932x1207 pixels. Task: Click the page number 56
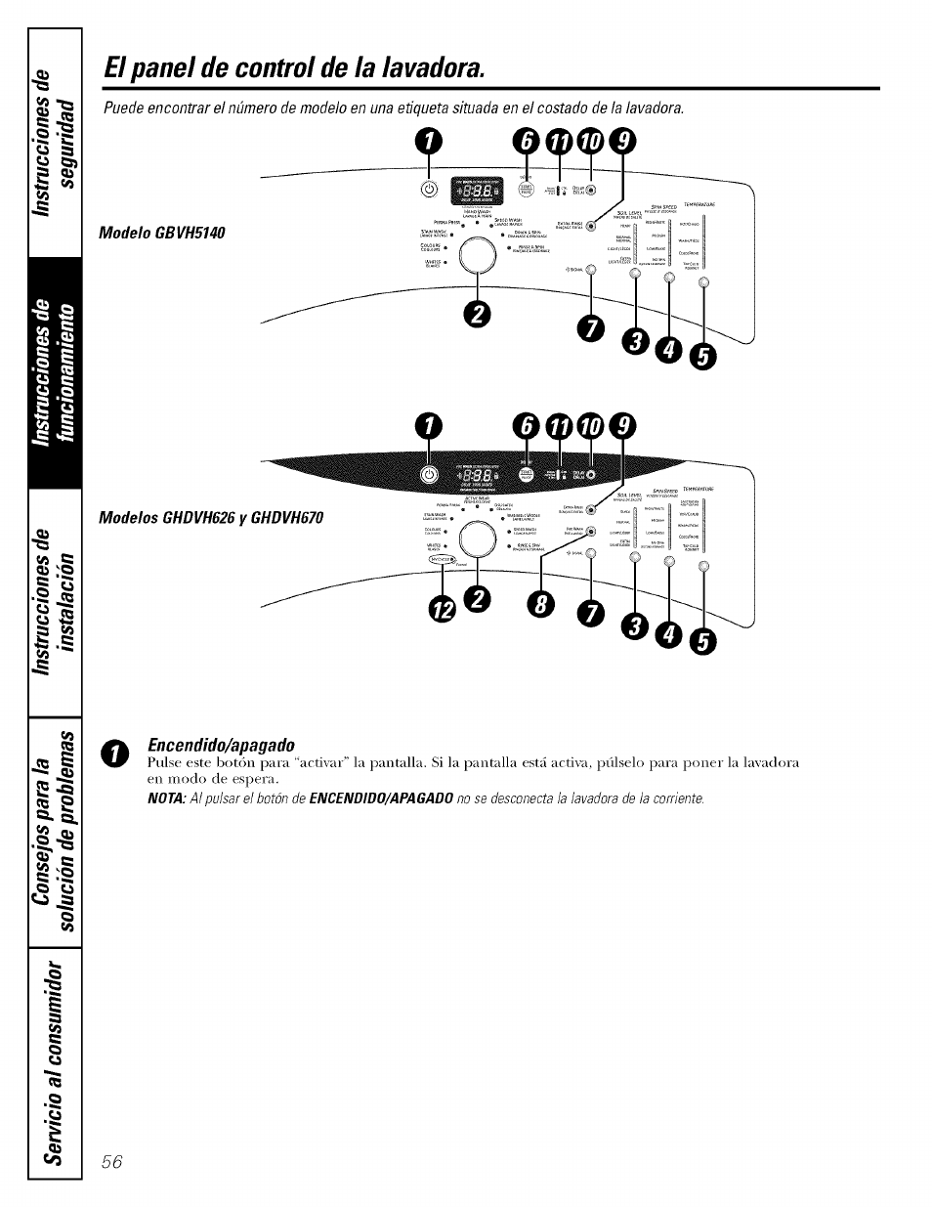coord(111,1161)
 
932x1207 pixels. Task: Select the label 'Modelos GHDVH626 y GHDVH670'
coord(210,517)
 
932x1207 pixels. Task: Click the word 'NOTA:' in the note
coord(166,799)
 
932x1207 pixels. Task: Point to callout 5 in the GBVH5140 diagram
coord(702,359)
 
